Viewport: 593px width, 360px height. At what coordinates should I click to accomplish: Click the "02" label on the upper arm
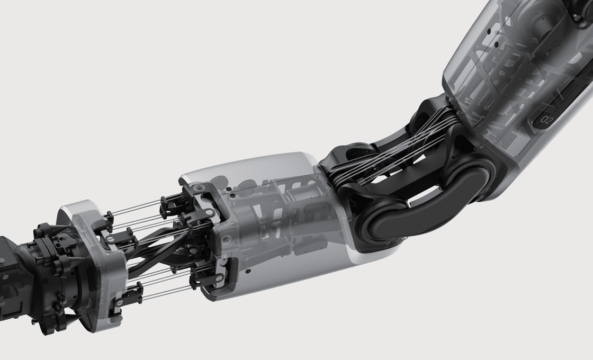tap(547, 120)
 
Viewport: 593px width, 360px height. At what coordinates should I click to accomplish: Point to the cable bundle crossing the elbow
tap(397, 151)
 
